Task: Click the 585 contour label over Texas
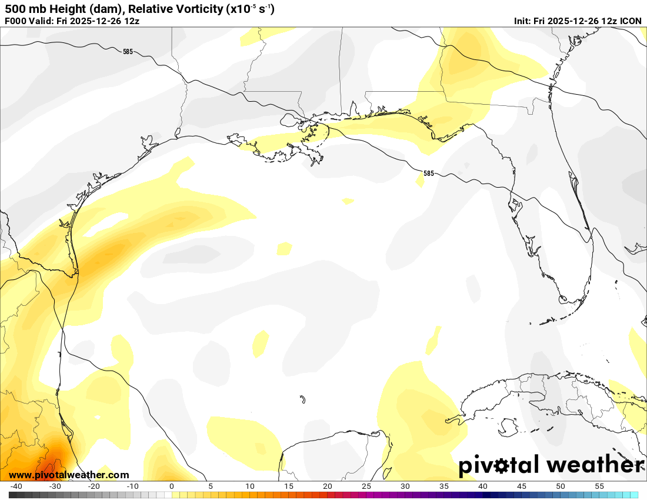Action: pyautogui.click(x=128, y=52)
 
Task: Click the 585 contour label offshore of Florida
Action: pyautogui.click(x=428, y=174)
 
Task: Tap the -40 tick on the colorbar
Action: pyautogui.click(x=16, y=486)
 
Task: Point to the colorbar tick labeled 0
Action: pyautogui.click(x=171, y=486)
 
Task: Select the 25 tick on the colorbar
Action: pyautogui.click(x=366, y=486)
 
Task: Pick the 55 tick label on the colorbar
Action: pyautogui.click(x=599, y=486)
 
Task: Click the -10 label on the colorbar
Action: pyautogui.click(x=132, y=486)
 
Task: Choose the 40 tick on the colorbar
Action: pyautogui.click(x=483, y=486)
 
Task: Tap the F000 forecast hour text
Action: pyautogui.click(x=15, y=21)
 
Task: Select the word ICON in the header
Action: pyautogui.click(x=631, y=21)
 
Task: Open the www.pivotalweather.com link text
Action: pyautogui.click(x=69, y=475)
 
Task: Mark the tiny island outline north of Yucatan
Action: pyautogui.click(x=302, y=400)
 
